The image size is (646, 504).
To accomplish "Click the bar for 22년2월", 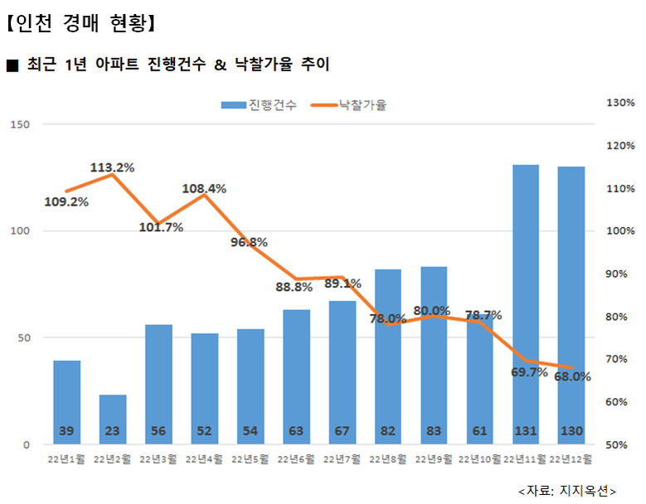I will coord(113,419).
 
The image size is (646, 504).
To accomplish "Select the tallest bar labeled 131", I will coord(525,298).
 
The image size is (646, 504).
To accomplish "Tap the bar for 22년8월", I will coord(387,356).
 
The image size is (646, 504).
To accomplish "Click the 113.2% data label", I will coord(112,167).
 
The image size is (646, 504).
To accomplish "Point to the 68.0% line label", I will coord(573,376).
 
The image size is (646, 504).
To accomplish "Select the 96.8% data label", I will coord(249,242).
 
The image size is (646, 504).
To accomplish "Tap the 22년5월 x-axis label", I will coord(250,458).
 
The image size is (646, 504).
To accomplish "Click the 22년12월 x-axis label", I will coord(571,458).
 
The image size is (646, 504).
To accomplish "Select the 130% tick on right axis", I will coord(620,103).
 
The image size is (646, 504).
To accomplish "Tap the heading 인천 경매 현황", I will coord(80,22).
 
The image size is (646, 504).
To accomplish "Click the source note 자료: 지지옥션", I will coord(567,490).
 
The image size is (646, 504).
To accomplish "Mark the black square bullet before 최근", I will coord(12,65).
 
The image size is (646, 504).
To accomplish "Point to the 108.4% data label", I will coord(204,188).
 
